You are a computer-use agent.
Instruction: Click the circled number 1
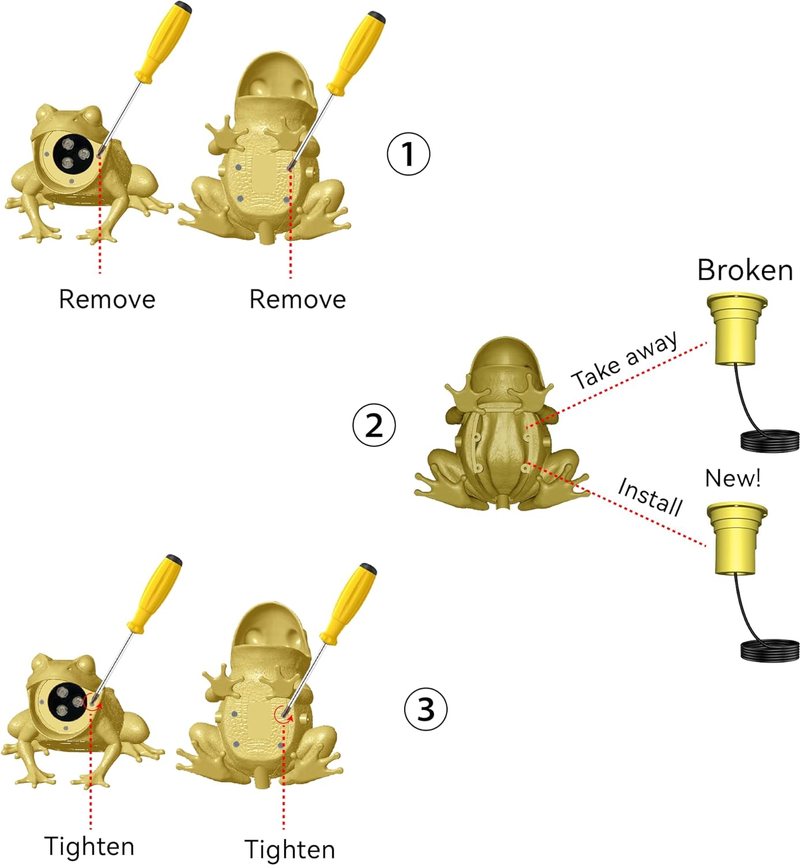408,154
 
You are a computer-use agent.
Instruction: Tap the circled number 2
374,425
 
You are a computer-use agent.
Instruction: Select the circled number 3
425,708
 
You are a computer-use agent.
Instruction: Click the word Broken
744,270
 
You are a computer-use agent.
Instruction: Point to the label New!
732,478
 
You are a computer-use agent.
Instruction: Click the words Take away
625,360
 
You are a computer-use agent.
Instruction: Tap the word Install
650,496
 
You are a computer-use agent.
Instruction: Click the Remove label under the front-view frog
107,300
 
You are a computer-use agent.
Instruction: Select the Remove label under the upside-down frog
297,300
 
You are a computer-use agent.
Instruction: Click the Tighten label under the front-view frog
89,846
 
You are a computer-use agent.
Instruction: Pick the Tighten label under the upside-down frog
289,850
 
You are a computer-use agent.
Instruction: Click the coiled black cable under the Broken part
770,441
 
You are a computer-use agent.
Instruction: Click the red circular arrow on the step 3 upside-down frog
282,714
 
